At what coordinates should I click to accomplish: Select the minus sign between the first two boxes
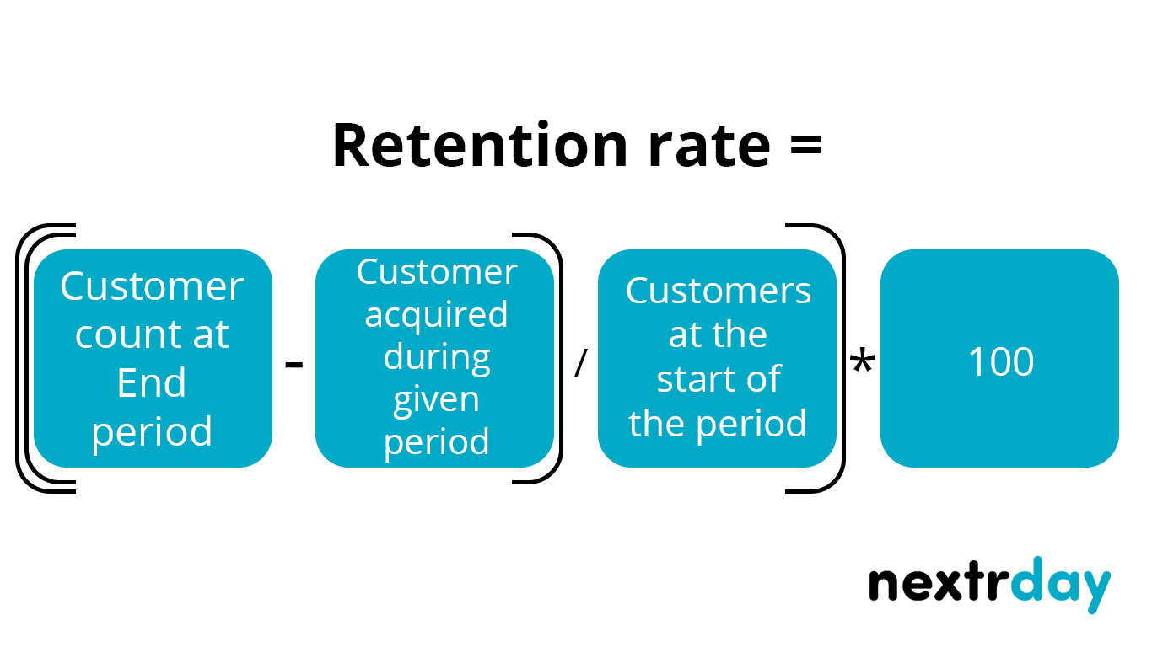click(294, 365)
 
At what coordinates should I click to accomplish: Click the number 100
click(1000, 361)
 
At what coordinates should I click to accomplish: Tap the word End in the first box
click(152, 383)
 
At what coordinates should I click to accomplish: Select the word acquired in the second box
click(436, 314)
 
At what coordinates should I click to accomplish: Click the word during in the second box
click(436, 356)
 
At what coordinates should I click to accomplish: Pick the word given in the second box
click(436, 399)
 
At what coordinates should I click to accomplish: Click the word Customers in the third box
click(718, 291)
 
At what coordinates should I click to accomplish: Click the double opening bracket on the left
click(25, 358)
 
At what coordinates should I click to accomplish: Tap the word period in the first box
click(152, 432)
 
